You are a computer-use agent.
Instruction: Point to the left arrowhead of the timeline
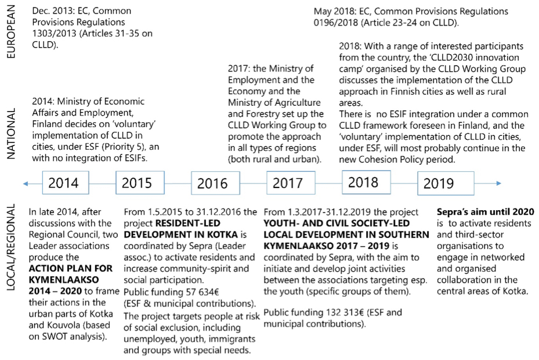click(x=24, y=183)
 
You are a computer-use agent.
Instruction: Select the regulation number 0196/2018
click(x=338, y=23)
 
